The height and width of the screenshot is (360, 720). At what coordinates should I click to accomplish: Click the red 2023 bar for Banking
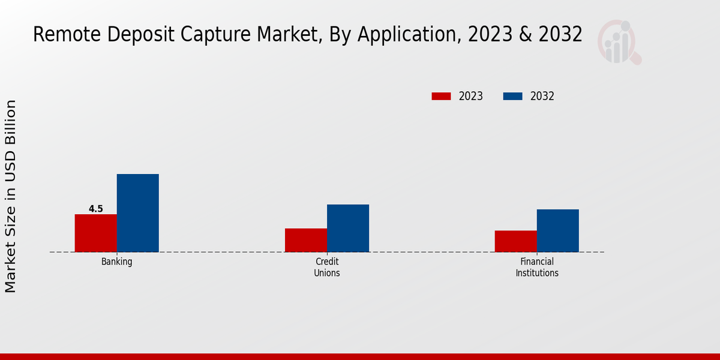[x=95, y=233]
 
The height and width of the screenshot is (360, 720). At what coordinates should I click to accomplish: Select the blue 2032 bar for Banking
[x=137, y=213]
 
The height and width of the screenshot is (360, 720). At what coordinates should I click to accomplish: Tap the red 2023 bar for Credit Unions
[x=306, y=240]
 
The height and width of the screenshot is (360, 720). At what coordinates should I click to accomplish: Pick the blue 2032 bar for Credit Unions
[x=348, y=228]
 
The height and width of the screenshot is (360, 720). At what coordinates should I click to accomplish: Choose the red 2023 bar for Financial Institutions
[x=515, y=241]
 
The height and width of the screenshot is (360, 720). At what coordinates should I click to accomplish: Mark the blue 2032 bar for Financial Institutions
[x=557, y=230]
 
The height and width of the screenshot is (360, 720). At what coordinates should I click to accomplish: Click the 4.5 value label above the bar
[x=96, y=209]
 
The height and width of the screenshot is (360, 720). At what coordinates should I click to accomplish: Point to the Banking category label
[x=116, y=262]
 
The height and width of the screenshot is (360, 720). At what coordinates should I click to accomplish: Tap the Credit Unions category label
[x=327, y=267]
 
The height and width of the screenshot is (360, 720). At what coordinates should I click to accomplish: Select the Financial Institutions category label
[x=537, y=267]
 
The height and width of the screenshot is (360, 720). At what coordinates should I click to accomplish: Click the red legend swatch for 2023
[x=441, y=96]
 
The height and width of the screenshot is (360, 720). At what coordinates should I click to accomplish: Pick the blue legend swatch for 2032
[x=512, y=96]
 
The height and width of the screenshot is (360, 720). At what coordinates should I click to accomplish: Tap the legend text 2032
[x=542, y=96]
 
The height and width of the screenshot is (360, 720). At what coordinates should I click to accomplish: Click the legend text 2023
[x=471, y=96]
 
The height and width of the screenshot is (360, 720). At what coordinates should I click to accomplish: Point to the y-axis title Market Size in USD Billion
[x=11, y=196]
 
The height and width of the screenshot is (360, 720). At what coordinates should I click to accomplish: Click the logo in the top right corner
[x=619, y=42]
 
